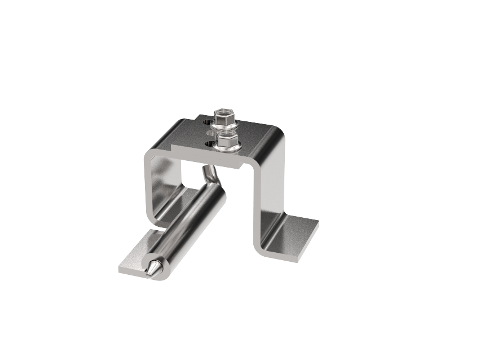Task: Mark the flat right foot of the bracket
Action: [x=293, y=237]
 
